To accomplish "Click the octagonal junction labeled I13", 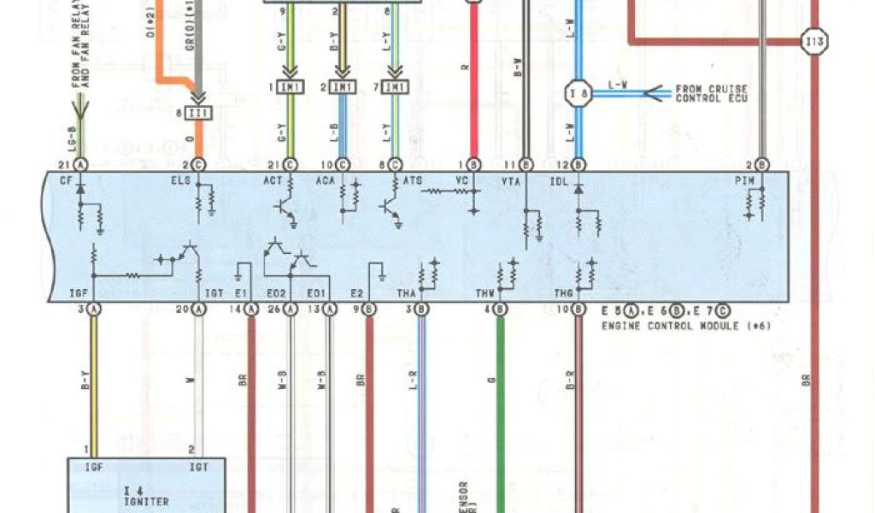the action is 814,39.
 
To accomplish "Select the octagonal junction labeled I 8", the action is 578,92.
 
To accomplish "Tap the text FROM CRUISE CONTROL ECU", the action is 711,93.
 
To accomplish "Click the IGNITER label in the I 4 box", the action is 146,502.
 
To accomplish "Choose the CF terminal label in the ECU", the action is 67,180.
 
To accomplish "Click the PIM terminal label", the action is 748,180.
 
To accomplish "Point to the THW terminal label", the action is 485,293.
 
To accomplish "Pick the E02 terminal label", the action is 276,293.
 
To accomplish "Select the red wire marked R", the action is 473,85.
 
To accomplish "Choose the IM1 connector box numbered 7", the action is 396,87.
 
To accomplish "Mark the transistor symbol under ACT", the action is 285,209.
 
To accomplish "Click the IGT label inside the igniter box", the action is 191,467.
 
